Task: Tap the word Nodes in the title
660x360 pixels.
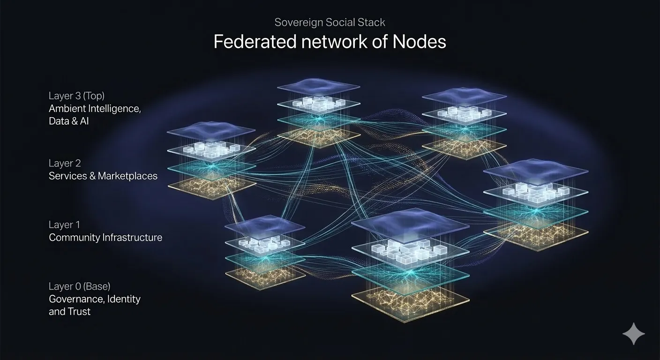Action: [419, 42]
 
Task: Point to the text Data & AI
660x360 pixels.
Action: [68, 121]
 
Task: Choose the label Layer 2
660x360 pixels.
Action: [65, 163]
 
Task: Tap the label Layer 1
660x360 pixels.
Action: [64, 225]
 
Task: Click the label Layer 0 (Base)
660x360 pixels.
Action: [79, 286]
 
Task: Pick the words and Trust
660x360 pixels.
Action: [69, 311]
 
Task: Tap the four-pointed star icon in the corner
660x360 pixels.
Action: [633, 334]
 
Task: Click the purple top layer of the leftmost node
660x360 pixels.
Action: [211, 132]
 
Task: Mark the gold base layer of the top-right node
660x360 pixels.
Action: [464, 146]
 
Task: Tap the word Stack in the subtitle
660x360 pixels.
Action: [373, 22]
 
